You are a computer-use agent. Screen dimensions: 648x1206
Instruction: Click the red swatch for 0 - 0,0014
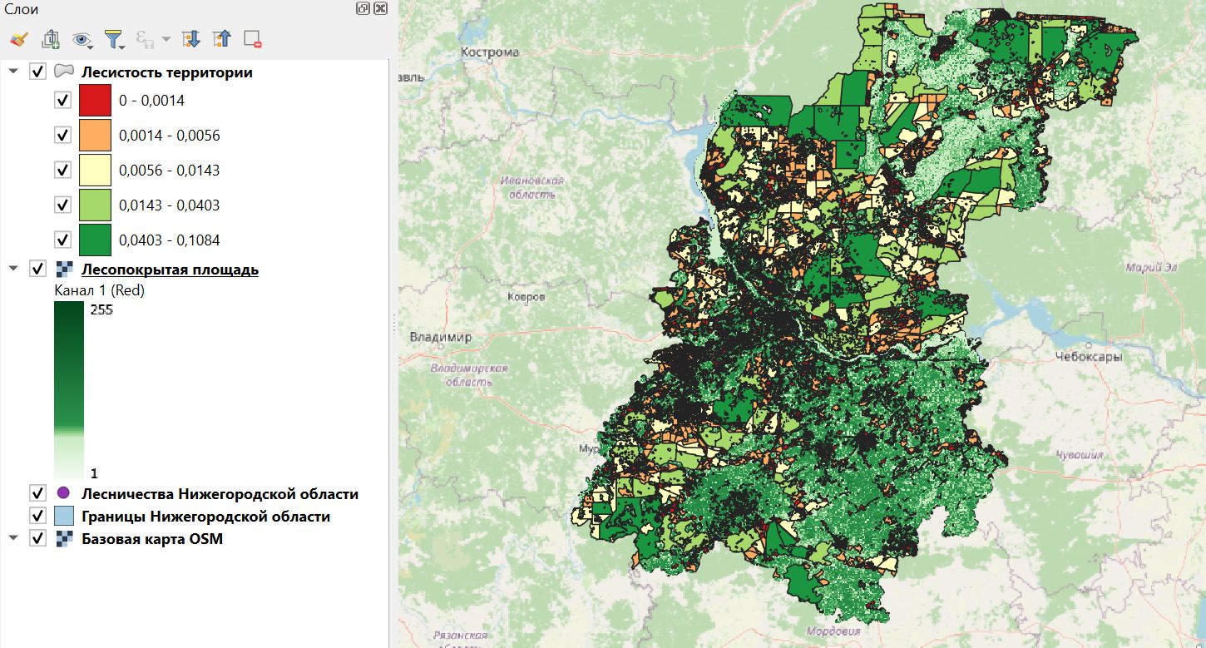point(95,101)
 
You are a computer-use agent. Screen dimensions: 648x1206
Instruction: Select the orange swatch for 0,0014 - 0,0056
point(95,136)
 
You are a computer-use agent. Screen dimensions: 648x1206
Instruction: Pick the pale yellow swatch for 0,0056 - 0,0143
point(95,171)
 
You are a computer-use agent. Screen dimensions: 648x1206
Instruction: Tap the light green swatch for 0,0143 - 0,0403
point(95,205)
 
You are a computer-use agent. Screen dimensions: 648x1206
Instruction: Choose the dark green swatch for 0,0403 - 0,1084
point(95,240)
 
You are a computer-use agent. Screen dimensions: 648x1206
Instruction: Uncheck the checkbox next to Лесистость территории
point(37,72)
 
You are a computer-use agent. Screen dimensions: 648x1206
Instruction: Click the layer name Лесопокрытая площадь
point(170,270)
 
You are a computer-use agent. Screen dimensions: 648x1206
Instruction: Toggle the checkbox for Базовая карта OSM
point(37,539)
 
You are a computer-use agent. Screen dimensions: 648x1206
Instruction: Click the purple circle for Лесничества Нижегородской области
point(63,494)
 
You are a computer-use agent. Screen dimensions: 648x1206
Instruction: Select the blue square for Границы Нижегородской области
point(63,517)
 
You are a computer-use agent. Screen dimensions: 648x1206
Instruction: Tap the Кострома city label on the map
point(490,52)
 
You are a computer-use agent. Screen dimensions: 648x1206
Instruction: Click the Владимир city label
point(440,338)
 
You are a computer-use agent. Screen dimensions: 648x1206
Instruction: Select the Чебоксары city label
point(1088,357)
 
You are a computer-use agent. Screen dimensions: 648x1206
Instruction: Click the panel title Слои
point(22,9)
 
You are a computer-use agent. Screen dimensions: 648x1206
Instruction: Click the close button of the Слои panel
point(380,8)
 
